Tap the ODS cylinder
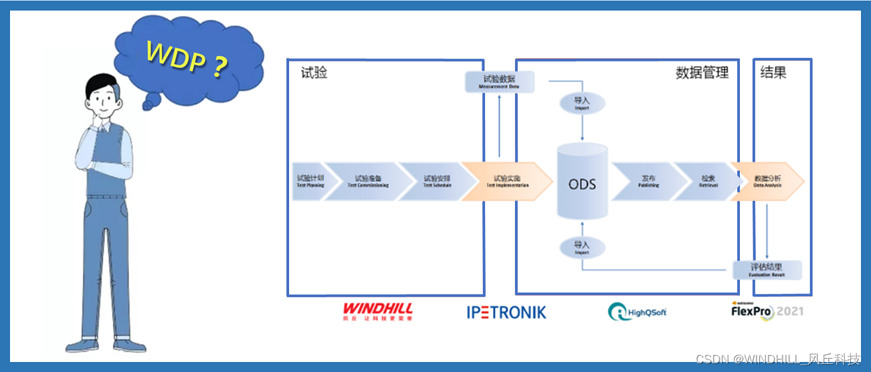(582, 182)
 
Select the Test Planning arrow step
(311, 181)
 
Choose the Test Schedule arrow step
(437, 181)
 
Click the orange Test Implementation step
(507, 181)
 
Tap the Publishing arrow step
(648, 181)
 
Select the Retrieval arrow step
(708, 181)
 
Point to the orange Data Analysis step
(767, 181)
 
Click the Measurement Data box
(499, 82)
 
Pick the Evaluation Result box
(767, 270)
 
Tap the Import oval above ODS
(582, 103)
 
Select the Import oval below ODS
(582, 248)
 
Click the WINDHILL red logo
(377, 311)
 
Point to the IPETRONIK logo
(506, 312)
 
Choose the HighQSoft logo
(638, 312)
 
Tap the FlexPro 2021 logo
(767, 311)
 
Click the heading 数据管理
(702, 73)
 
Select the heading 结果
(773, 73)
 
